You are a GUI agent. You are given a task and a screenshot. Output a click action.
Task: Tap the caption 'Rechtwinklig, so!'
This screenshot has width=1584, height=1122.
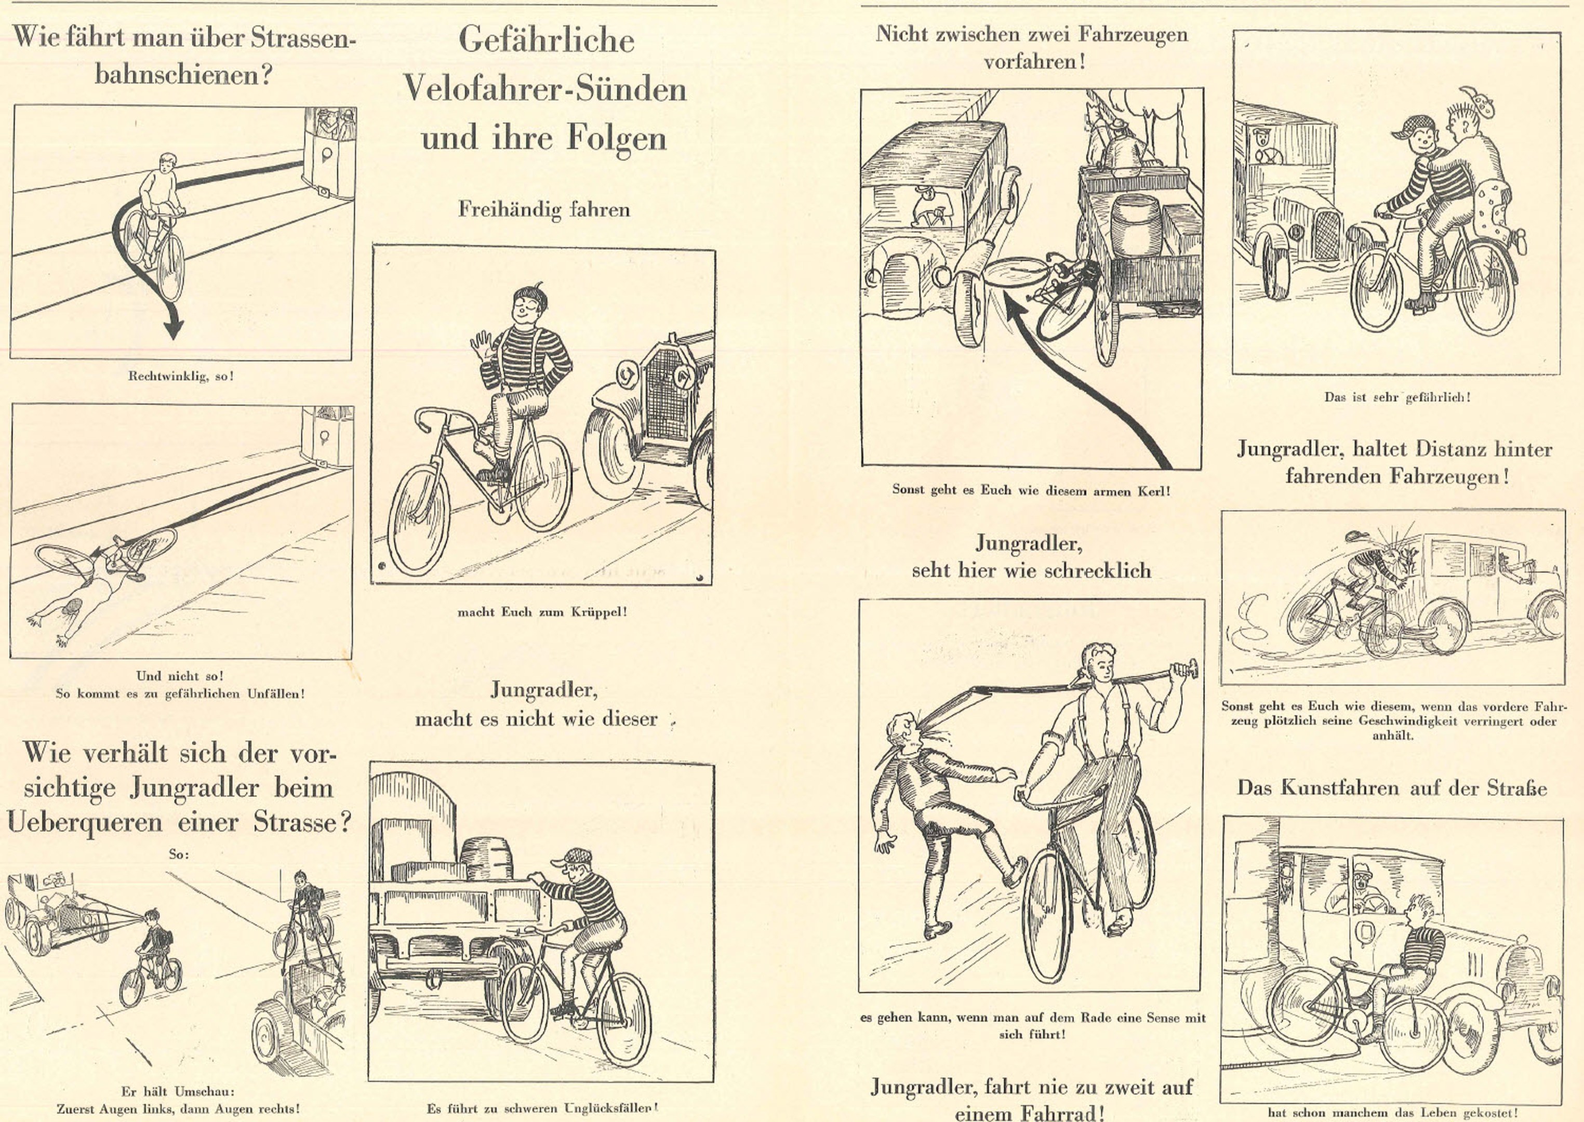coord(181,377)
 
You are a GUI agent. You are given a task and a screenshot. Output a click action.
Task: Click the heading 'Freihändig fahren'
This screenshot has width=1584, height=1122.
coord(543,209)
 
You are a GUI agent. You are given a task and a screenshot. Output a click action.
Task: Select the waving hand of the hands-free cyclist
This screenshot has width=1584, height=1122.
coord(482,342)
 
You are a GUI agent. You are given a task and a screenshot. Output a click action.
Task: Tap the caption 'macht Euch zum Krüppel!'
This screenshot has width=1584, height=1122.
coord(542,611)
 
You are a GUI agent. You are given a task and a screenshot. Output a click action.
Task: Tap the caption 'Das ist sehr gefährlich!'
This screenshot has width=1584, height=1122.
coord(1396,397)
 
